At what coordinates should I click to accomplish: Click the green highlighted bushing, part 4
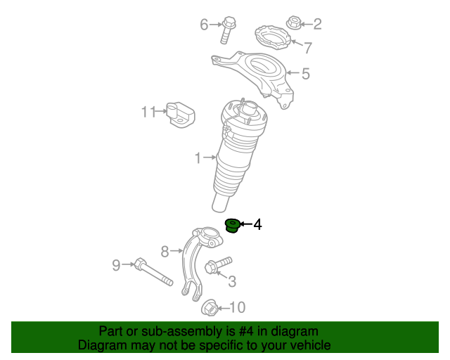coord(232,226)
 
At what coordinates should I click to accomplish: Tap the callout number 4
coord(257,224)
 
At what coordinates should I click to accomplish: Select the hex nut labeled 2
coord(294,22)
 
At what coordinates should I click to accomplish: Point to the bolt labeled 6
coord(228,30)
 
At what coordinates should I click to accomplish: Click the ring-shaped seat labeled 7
coord(273,37)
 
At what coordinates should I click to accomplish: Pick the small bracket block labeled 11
coord(181,115)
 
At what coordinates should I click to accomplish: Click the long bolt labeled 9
coord(153,271)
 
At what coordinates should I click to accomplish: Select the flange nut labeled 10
coord(210,307)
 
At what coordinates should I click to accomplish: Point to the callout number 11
coord(148,112)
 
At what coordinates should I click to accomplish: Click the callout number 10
coord(238,307)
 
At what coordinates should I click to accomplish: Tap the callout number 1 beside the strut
coord(198,158)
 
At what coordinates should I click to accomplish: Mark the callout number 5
coord(306,74)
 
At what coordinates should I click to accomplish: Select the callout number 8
coord(165,252)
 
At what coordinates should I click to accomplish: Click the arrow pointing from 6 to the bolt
coord(215,25)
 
